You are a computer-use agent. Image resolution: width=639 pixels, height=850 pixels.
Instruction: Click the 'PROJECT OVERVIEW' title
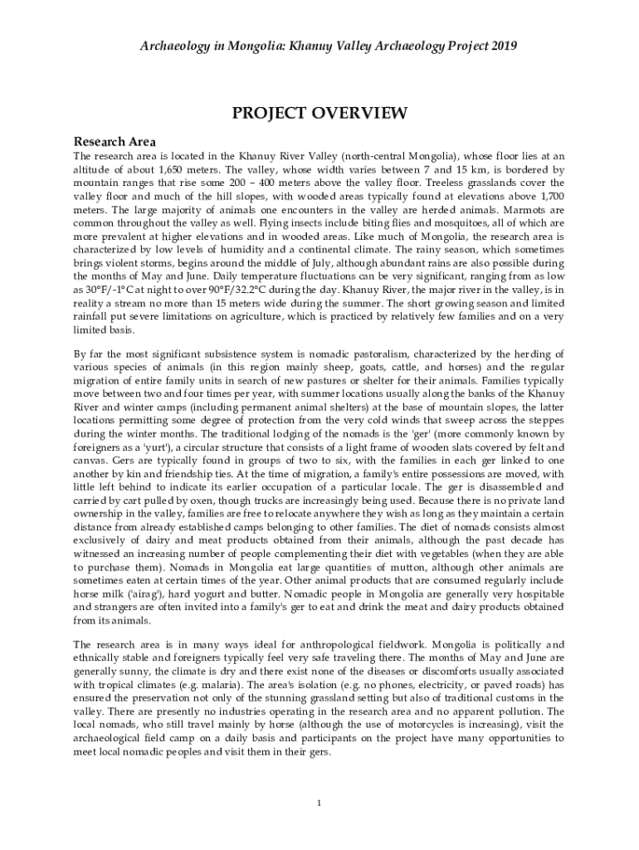point(319,112)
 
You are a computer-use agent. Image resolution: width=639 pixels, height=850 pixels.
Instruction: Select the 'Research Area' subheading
point(115,141)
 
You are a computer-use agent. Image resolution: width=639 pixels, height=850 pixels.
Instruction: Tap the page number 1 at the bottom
point(319,803)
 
